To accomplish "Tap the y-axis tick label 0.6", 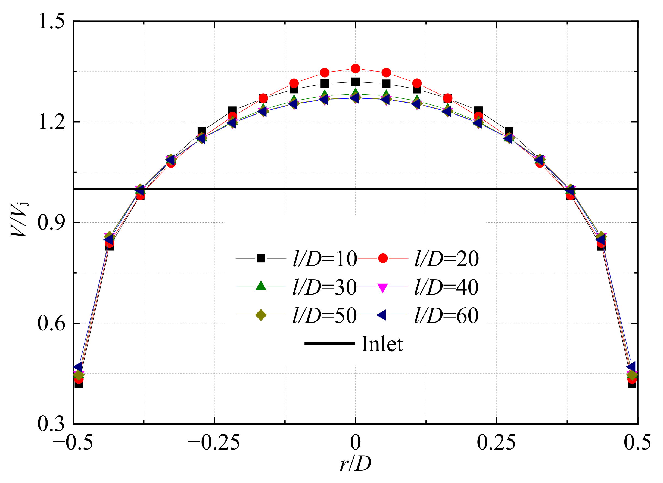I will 51,323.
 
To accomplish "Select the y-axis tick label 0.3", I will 51,424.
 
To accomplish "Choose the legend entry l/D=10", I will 325,259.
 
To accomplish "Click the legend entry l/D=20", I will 446,259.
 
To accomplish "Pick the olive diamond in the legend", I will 261,315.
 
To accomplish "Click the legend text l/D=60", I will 446,316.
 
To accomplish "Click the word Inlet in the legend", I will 382,344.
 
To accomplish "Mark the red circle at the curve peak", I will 356,69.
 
